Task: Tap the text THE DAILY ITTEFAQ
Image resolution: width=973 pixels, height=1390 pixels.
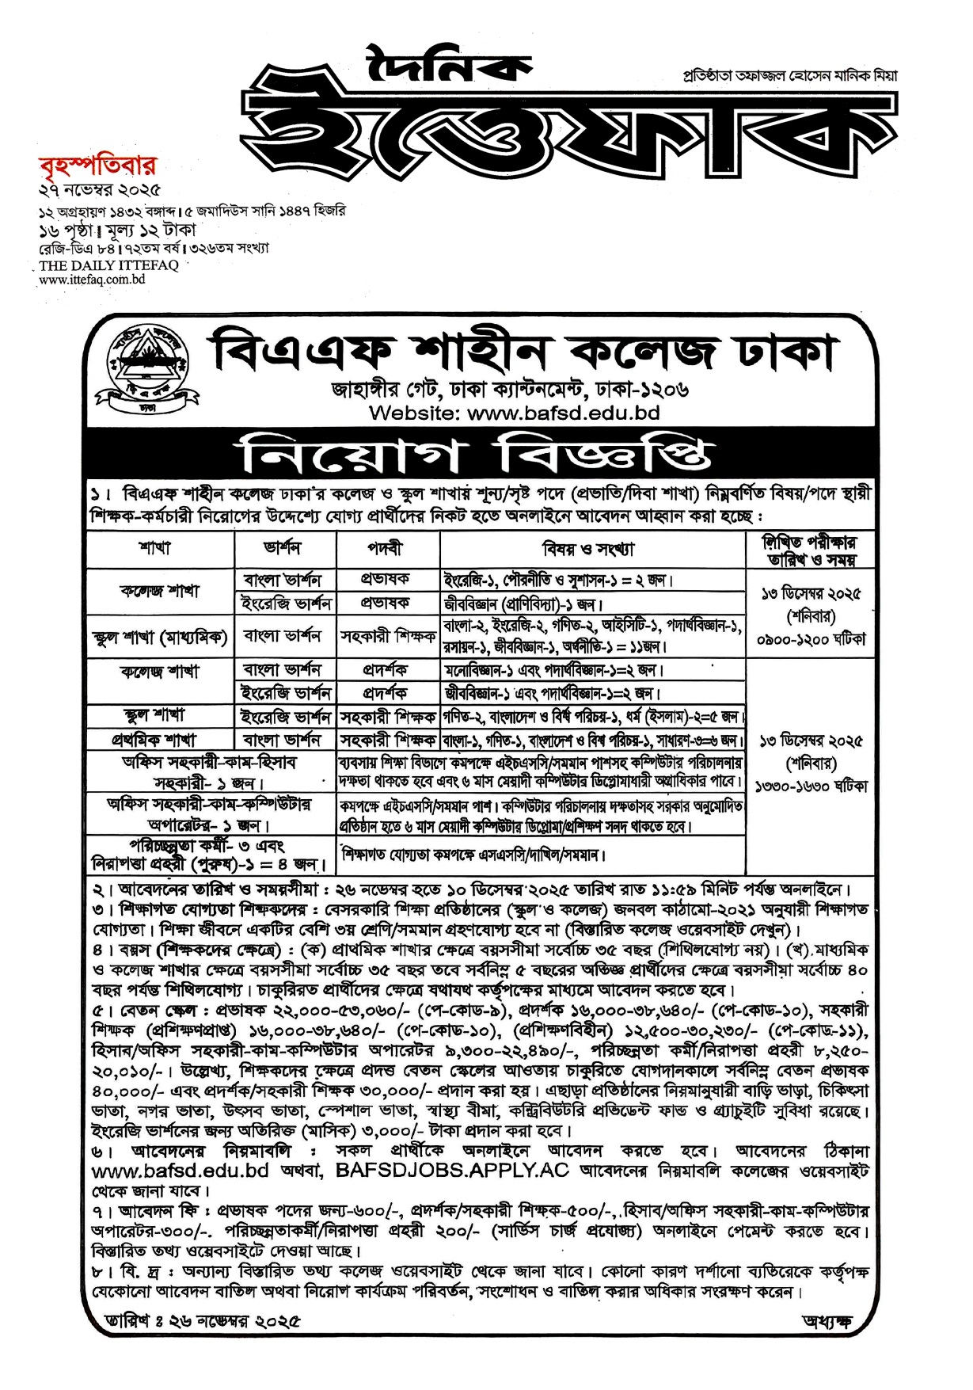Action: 108,265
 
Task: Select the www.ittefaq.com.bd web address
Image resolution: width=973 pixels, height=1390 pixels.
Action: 91,279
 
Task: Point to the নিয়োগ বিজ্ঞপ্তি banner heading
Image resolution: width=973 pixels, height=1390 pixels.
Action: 478,455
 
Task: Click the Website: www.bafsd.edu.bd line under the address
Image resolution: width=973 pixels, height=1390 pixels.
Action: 514,413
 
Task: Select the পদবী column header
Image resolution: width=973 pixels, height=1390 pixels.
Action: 386,548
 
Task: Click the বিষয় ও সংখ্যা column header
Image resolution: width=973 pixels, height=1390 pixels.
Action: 591,548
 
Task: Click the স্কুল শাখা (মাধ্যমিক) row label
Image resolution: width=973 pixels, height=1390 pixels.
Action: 159,637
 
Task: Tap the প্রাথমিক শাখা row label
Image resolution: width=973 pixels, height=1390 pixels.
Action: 159,740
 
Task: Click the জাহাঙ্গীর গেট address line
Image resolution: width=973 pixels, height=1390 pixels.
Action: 510,389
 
